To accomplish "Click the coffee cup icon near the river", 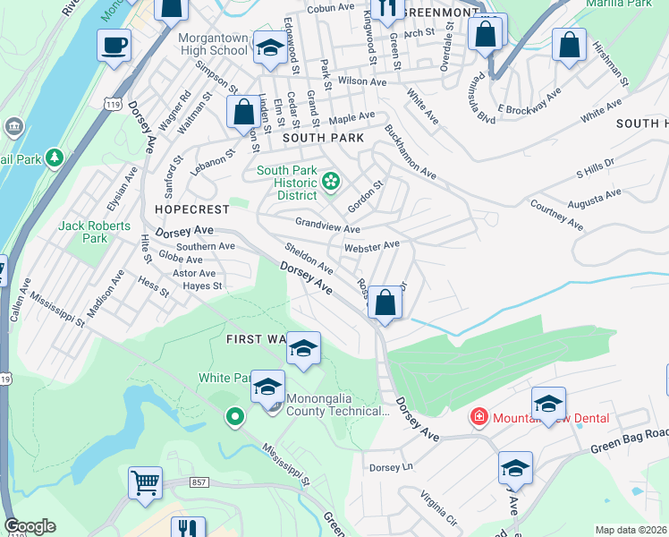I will click(114, 45).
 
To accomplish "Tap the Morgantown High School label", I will click(212, 45).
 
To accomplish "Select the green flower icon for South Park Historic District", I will click(331, 183).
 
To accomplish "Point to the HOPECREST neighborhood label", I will click(191, 209).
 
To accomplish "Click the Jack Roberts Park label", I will click(94, 233).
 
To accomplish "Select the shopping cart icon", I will click(145, 483).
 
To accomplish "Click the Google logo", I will click(30, 526).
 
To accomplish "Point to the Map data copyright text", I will click(631, 530).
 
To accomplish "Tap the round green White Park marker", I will click(234, 416).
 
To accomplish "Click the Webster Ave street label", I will click(371, 245).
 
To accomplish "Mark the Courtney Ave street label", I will click(557, 216).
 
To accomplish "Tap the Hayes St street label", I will click(202, 286).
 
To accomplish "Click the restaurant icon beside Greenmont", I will click(386, 9).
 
